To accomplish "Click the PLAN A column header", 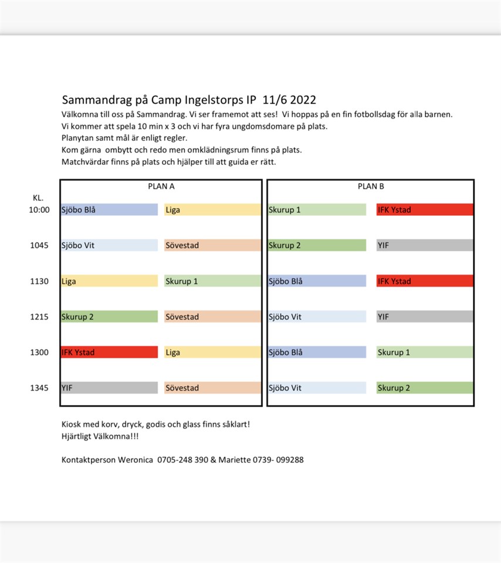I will pos(161,186).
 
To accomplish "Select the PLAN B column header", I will pos(371,186).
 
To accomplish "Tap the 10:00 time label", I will pos(39,210).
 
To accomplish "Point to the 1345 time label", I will pos(39,388).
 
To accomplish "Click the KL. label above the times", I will pos(38,198).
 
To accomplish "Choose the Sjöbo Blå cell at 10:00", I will pos(109,210).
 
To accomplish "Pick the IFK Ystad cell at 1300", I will pos(109,352).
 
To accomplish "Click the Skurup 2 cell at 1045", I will pos(317,246).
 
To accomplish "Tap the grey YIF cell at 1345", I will pos(109,388).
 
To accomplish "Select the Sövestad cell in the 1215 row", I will pos(212,317).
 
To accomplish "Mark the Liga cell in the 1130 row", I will pos(109,281).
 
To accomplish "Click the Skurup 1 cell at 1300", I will pos(425,352).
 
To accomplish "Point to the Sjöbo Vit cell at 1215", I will pos(317,317).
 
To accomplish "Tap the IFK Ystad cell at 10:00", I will pos(425,210).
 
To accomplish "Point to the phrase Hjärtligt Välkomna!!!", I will pos(100,436).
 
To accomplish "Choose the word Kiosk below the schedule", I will pos(72,424).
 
